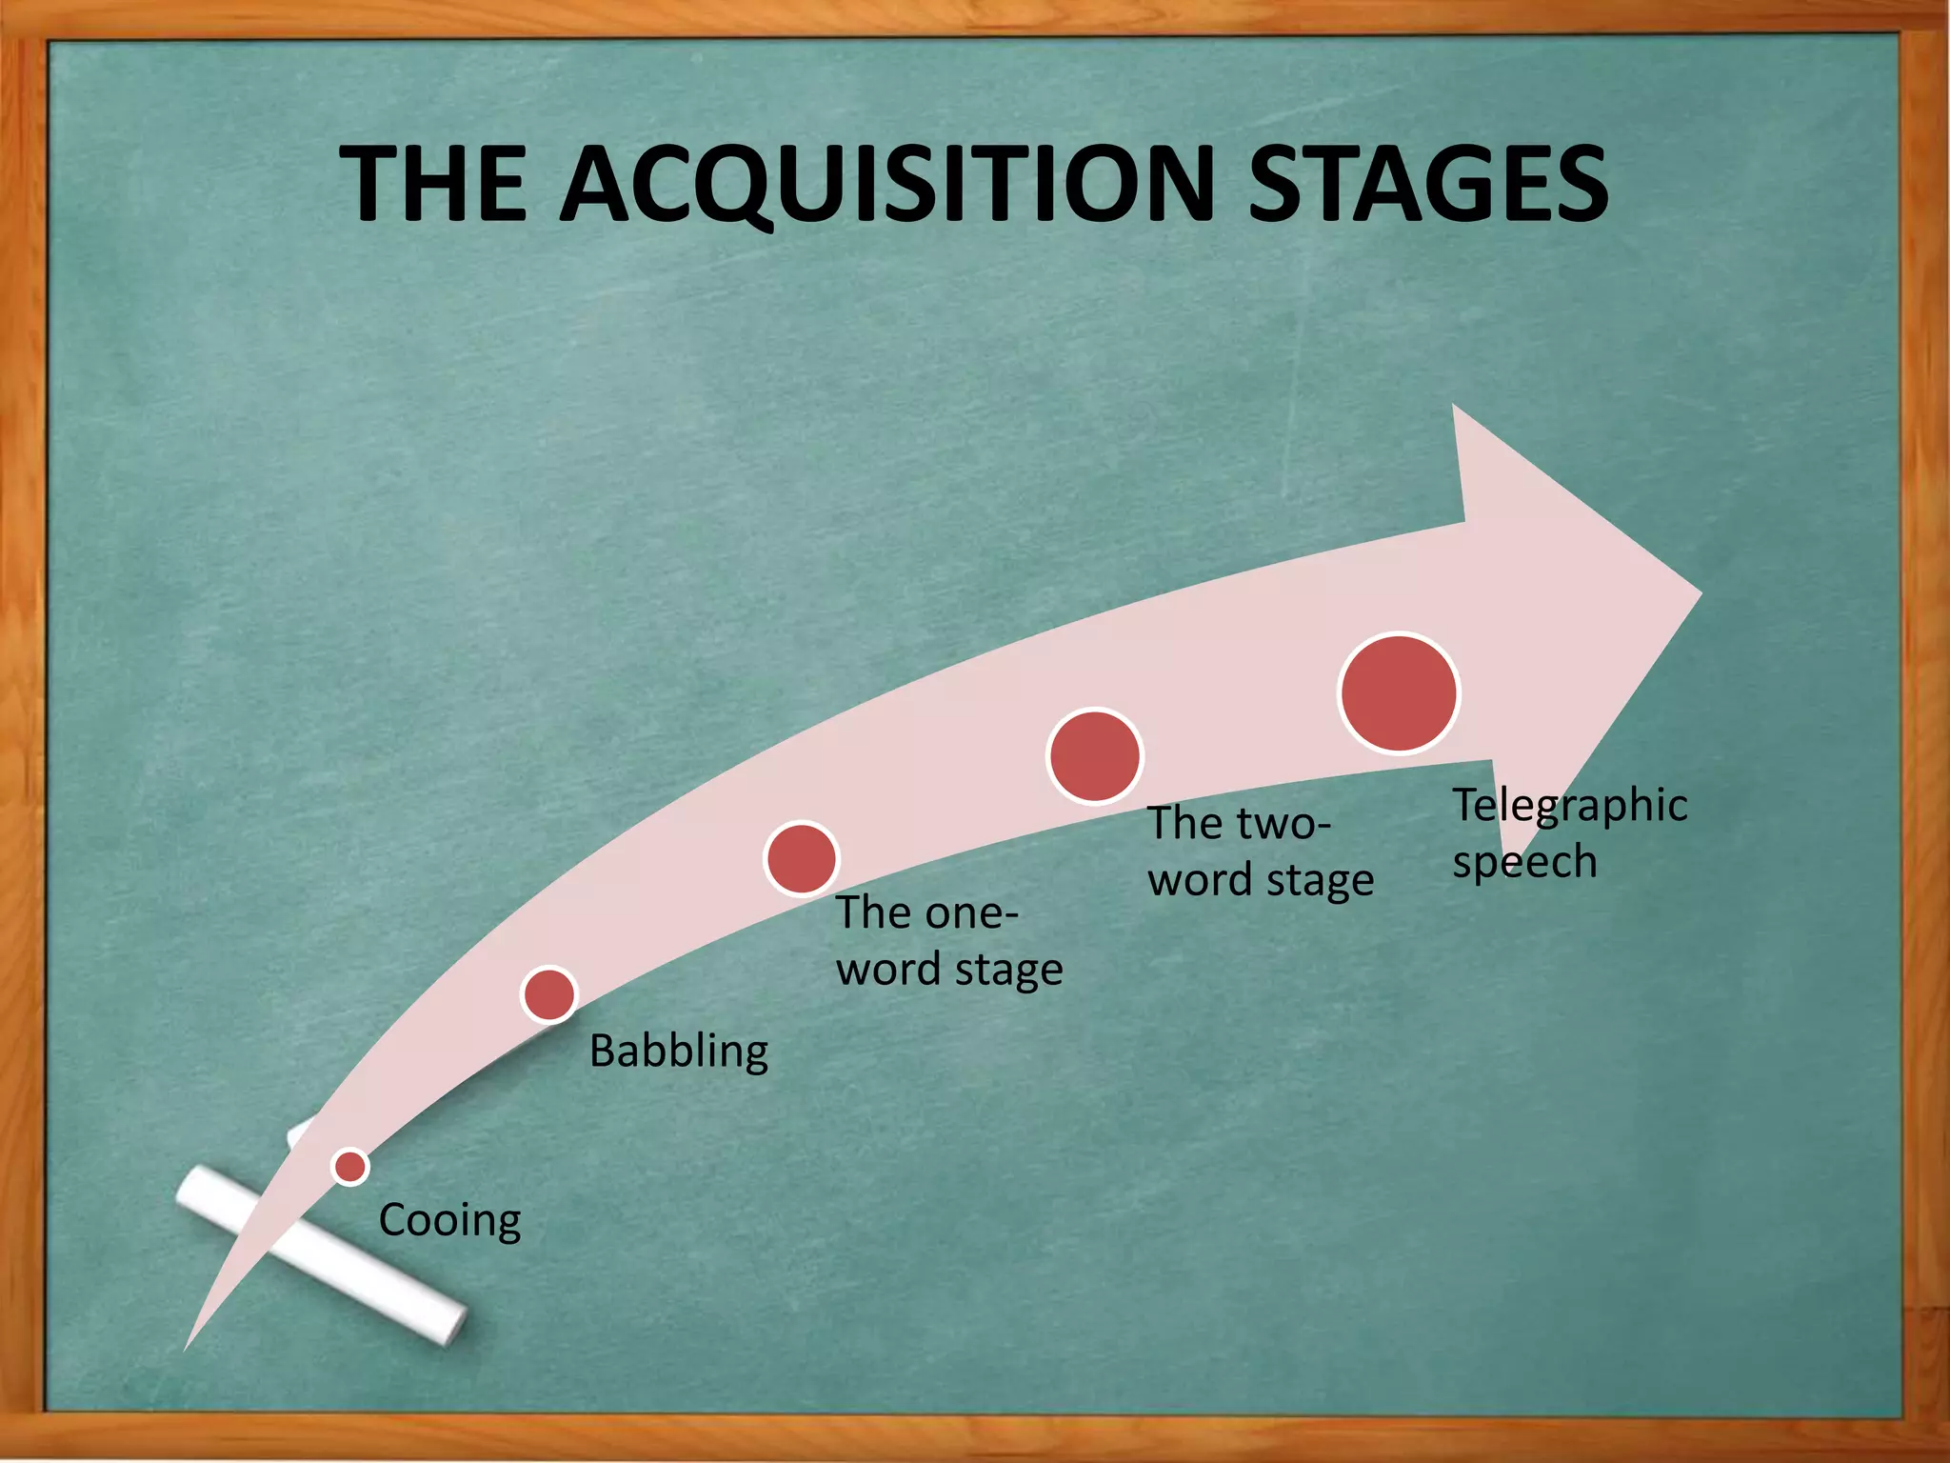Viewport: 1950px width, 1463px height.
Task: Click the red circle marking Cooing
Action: [350, 1166]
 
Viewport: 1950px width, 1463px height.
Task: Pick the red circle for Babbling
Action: [549, 994]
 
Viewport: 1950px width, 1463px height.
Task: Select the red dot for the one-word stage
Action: [802, 858]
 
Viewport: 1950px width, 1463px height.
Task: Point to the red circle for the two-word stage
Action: [1095, 755]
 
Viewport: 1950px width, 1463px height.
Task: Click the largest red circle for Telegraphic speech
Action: [1399, 692]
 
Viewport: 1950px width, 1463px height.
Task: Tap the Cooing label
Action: [449, 1220]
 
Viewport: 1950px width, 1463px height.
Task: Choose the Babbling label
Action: [679, 1052]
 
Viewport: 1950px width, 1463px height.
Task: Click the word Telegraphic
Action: [1569, 806]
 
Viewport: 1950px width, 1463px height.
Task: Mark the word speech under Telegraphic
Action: [1524, 863]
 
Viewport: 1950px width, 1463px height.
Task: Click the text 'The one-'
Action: [927, 912]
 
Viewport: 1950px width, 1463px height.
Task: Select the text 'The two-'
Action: [1239, 823]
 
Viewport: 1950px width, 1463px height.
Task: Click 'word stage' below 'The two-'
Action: [1261, 880]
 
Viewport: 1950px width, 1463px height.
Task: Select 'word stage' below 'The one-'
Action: [949, 970]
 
